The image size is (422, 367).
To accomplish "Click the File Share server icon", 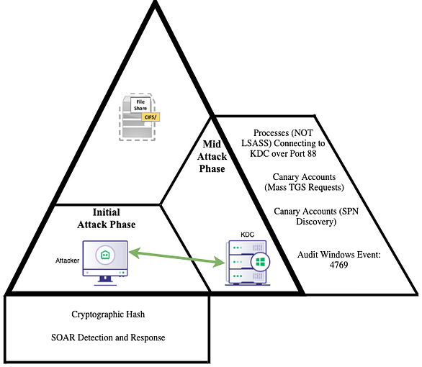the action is pyautogui.click(x=138, y=117).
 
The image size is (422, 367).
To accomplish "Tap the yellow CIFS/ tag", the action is pyautogui.click(x=151, y=117).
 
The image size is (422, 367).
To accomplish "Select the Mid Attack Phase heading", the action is pyautogui.click(x=212, y=156).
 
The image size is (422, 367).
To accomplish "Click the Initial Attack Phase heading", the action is pyautogui.click(x=107, y=218).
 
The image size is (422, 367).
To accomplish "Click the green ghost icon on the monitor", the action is pyautogui.click(x=105, y=255).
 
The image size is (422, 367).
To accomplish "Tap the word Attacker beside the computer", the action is pyautogui.click(x=67, y=260).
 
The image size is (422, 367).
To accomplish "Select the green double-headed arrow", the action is pyautogui.click(x=176, y=258).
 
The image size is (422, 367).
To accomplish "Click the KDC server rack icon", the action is pyautogui.click(x=247, y=263).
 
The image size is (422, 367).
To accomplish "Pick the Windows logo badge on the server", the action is pyautogui.click(x=260, y=262).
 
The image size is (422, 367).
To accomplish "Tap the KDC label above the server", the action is pyautogui.click(x=247, y=235).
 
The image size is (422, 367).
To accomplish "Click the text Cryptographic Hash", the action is pyautogui.click(x=108, y=314).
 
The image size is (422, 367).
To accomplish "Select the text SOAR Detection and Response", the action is pyautogui.click(x=108, y=337).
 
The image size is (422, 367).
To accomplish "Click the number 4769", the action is pyautogui.click(x=339, y=265).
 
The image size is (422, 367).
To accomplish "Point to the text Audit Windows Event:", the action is pyautogui.click(x=339, y=254).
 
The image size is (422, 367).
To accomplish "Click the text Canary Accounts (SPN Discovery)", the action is pyautogui.click(x=316, y=217).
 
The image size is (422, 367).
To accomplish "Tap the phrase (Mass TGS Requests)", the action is pyautogui.click(x=304, y=187).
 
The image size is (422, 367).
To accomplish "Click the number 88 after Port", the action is pyautogui.click(x=311, y=153).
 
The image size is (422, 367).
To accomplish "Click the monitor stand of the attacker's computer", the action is pyautogui.click(x=105, y=281).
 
